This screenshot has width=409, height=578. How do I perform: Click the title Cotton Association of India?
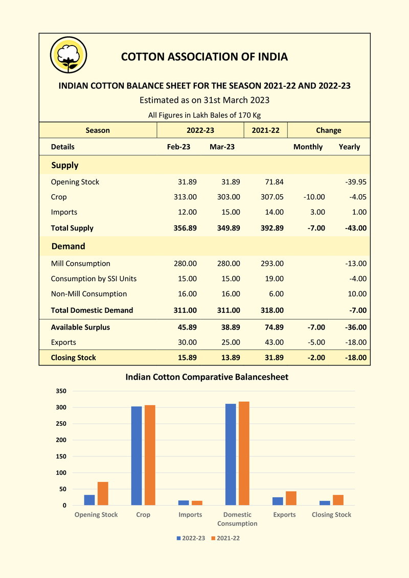click(204, 57)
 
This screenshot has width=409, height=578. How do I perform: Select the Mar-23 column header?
click(222, 147)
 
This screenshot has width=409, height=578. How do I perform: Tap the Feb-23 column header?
click(178, 147)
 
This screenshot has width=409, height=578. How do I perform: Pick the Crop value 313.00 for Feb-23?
click(185, 197)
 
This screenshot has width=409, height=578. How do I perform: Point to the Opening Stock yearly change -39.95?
click(355, 182)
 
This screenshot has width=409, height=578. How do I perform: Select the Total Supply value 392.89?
click(272, 228)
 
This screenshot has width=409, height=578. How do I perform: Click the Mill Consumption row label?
click(80, 264)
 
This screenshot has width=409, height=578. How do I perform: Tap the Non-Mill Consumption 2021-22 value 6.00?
click(275, 294)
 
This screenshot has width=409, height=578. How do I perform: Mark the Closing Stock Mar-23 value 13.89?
click(229, 358)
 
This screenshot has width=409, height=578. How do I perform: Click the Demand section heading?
click(68, 246)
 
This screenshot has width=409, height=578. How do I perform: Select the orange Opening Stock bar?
click(103, 494)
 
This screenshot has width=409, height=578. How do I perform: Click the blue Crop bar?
click(137, 456)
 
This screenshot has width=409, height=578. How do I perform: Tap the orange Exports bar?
click(291, 498)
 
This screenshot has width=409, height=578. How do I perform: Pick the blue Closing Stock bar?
click(325, 503)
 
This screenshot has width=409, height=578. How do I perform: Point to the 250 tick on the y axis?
click(61, 424)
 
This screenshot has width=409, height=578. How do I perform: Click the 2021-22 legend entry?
click(224, 538)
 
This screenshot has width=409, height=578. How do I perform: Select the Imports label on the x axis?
click(190, 515)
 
